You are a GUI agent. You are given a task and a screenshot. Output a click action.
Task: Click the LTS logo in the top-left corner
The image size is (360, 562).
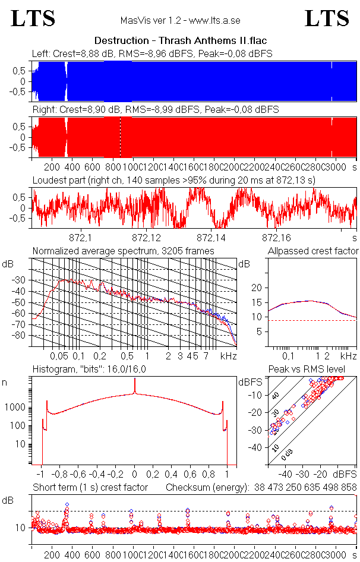pyautogui.click(x=33, y=19)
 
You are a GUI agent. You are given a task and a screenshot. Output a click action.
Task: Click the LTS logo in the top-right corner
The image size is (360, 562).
pyautogui.click(x=327, y=19)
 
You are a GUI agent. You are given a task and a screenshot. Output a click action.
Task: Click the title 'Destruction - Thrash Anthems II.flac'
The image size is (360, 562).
pyautogui.click(x=181, y=40)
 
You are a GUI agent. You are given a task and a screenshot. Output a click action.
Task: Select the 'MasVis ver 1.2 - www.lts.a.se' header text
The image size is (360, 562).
pyautogui.click(x=180, y=20)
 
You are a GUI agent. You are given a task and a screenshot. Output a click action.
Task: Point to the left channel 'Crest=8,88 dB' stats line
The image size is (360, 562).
pyautogui.click(x=152, y=54)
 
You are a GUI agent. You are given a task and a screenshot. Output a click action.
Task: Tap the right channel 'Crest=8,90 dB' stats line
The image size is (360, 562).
pyautogui.click(x=155, y=110)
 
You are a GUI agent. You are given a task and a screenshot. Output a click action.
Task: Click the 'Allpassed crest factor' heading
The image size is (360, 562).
pyautogui.click(x=313, y=251)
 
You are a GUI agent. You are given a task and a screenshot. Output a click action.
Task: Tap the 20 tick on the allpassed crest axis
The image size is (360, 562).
pyautogui.click(x=257, y=288)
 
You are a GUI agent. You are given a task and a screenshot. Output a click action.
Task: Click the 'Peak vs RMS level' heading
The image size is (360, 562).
pyautogui.click(x=312, y=370)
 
